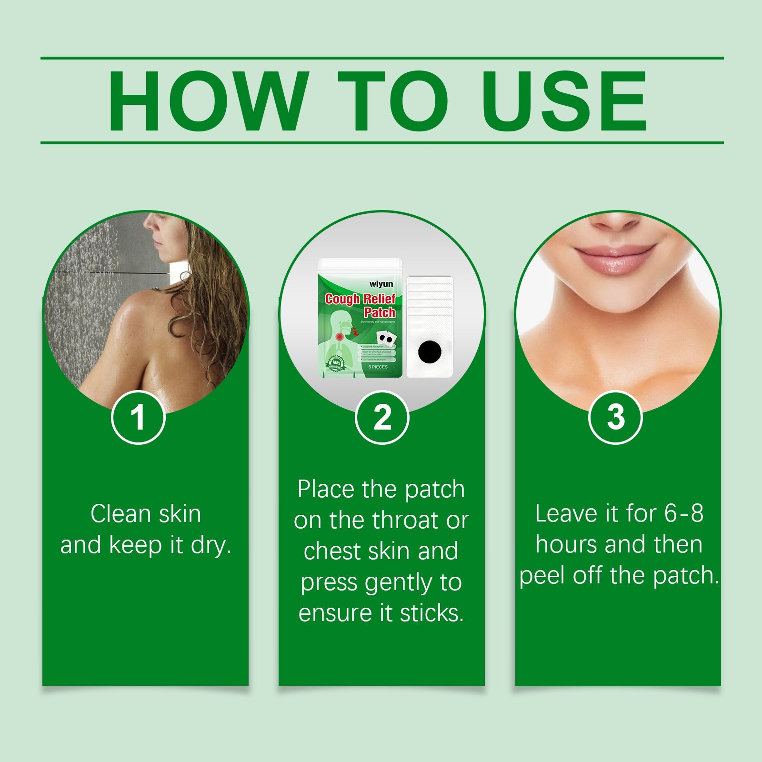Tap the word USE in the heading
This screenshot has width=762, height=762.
click(x=564, y=101)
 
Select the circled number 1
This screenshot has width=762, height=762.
click(x=138, y=418)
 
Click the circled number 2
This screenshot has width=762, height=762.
click(x=382, y=418)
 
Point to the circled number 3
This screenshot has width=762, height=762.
click(x=615, y=418)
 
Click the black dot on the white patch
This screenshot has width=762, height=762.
click(x=430, y=352)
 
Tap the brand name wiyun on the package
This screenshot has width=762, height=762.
click(x=381, y=284)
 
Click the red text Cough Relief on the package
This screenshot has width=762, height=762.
click(x=360, y=299)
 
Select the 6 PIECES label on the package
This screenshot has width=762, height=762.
click(x=378, y=367)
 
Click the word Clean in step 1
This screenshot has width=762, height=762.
click(x=120, y=514)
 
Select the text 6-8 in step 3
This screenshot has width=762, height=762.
click(x=684, y=513)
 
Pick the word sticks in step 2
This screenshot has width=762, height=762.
click(x=431, y=613)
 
